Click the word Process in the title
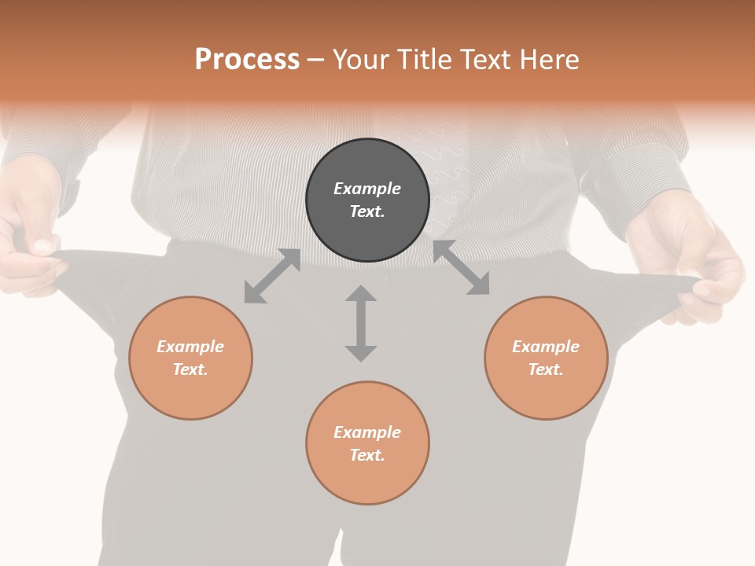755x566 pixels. click(247, 60)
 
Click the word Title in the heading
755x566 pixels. click(425, 60)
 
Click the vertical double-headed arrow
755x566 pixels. click(361, 323)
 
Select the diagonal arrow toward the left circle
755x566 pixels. click(272, 276)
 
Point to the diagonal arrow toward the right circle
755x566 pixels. click(462, 268)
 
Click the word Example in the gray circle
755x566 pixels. click(367, 189)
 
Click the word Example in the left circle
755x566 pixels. click(190, 347)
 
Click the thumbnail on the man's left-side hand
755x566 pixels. click(42, 246)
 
